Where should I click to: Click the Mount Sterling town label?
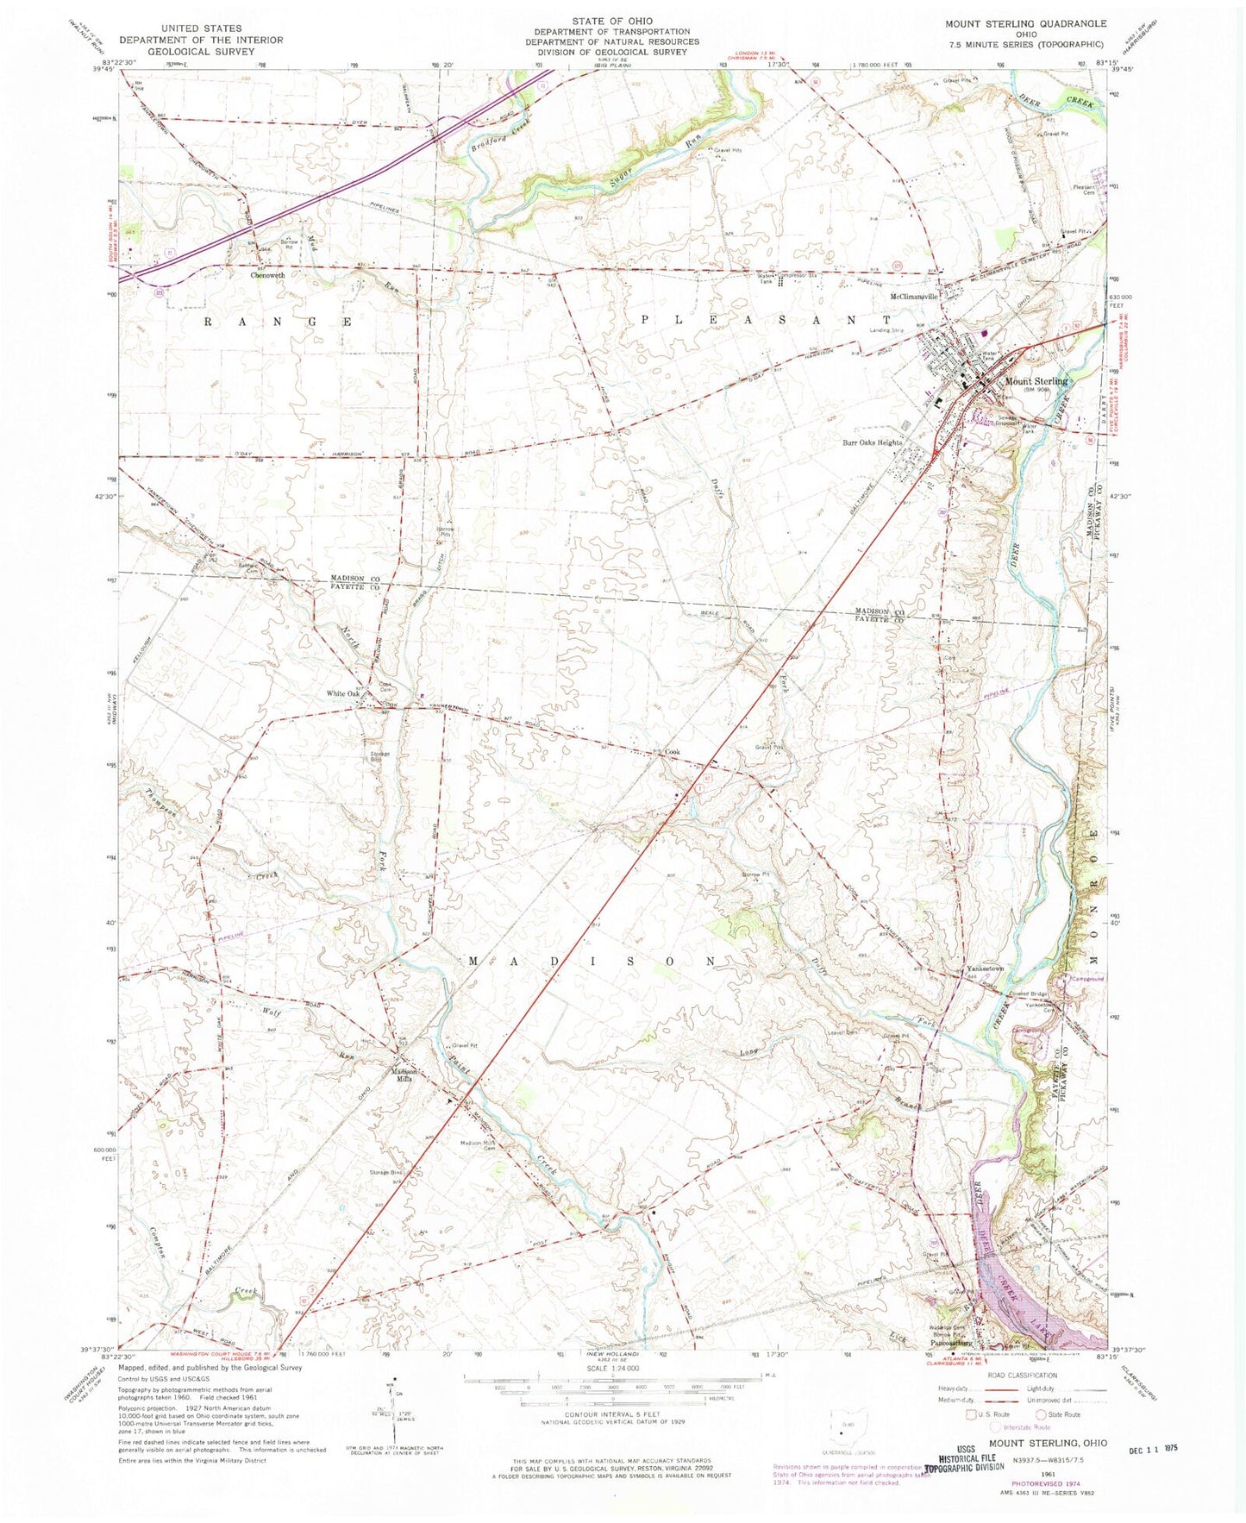click(x=1036, y=381)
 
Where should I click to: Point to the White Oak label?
click(x=342, y=693)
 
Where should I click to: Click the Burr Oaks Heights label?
click(x=872, y=442)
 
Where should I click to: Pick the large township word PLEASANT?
click(x=761, y=319)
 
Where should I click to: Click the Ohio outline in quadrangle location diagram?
click(x=840, y=1436)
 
